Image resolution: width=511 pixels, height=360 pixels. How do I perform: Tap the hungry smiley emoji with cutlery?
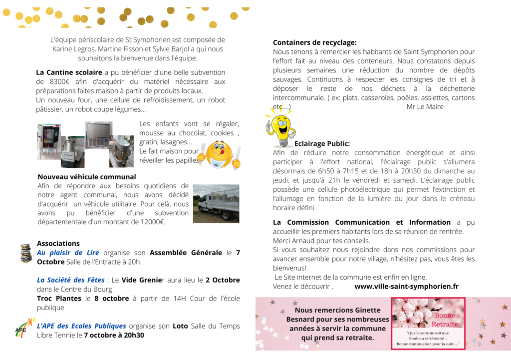click(x=219, y=154)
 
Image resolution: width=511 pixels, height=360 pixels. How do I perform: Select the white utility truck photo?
click(x=216, y=203)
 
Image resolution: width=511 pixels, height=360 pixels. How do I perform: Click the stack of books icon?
click(x=26, y=254)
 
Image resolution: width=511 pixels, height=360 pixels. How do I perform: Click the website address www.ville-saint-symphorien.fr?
click(x=406, y=286)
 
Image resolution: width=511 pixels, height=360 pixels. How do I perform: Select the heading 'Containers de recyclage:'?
click(x=314, y=42)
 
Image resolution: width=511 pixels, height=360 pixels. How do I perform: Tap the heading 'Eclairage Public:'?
click(x=322, y=143)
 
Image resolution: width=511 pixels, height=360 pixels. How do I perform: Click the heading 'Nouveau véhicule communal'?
click(x=87, y=177)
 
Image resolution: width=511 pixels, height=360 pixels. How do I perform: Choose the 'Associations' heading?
click(x=58, y=244)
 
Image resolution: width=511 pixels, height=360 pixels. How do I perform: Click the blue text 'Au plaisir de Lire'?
click(x=68, y=253)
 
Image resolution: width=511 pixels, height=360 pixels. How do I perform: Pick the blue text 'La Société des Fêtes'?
click(x=71, y=280)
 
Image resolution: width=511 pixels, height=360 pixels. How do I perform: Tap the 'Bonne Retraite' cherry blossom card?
click(x=428, y=323)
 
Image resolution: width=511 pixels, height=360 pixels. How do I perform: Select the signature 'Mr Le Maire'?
click(x=425, y=106)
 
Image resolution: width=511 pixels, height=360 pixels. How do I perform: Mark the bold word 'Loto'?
click(x=180, y=326)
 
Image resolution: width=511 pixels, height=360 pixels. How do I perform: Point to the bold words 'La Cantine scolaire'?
click(x=69, y=72)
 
